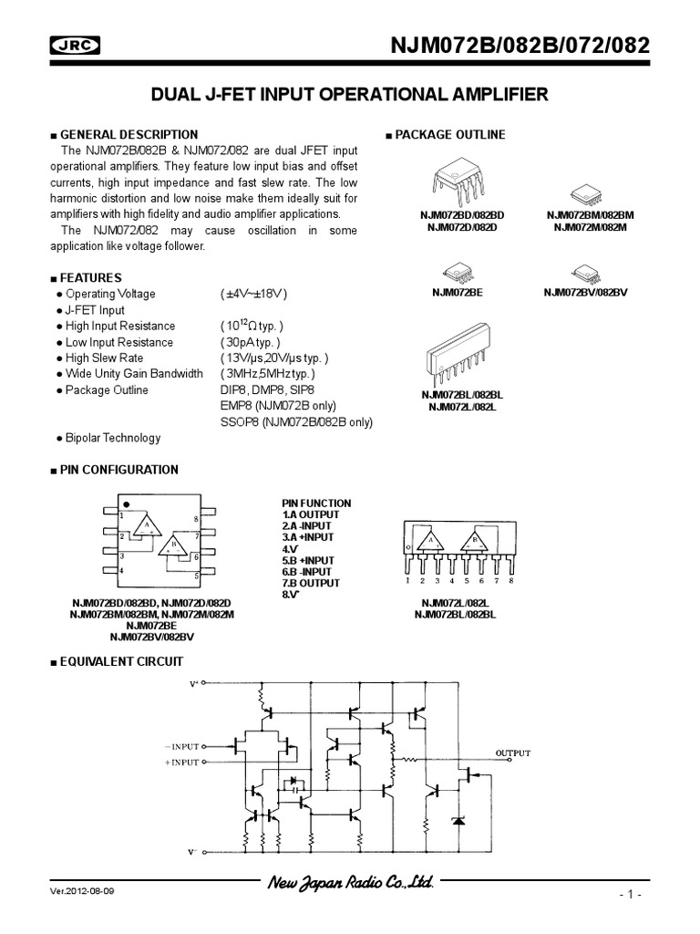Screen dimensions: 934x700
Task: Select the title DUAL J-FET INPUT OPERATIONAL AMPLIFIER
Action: coord(350,93)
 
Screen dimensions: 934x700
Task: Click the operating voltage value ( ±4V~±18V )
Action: coord(254,294)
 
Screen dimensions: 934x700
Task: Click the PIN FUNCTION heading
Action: coord(316,503)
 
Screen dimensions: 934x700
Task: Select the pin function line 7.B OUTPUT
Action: coord(312,583)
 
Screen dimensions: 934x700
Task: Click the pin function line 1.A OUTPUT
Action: coord(312,514)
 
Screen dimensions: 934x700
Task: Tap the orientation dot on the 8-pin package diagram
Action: coord(127,503)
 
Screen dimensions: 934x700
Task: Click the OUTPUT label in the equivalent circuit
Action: coord(511,752)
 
